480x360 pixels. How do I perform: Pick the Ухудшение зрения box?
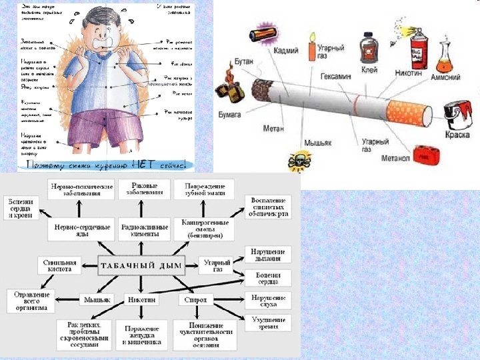coord(269,323)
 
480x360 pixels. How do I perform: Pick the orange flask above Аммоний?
coord(445,63)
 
